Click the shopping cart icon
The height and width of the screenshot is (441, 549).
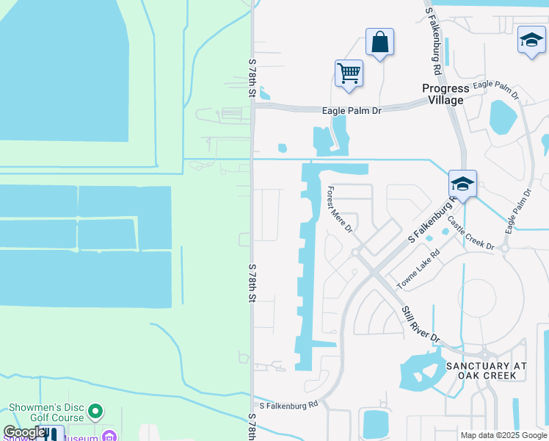point(349,73)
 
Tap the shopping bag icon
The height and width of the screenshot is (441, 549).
point(379,42)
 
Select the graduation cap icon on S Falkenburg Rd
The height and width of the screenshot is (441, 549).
point(462,184)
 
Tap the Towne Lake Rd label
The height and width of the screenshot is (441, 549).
point(418,268)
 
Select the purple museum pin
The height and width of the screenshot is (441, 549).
point(109,437)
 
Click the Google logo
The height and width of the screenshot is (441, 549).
point(23,433)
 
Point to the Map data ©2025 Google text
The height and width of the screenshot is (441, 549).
point(503,435)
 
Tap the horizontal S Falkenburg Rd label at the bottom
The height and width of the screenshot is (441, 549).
point(288,404)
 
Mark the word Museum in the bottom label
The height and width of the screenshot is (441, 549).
point(81,438)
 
